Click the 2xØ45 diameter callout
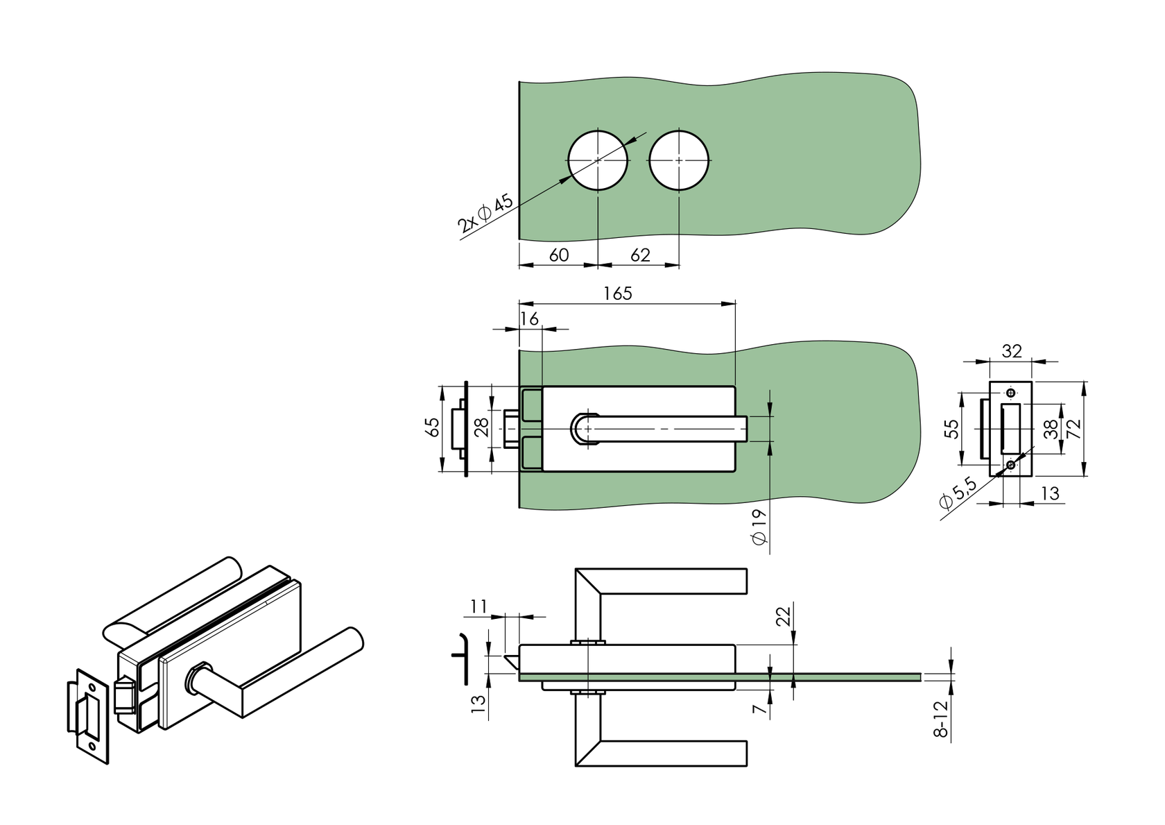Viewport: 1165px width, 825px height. coord(485,213)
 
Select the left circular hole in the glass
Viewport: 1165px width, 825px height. coord(598,160)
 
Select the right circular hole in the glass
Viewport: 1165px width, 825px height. coord(679,160)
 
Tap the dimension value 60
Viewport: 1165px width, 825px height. coord(558,255)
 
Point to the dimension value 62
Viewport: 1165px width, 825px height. coord(640,255)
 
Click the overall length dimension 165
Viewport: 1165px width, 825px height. coord(617,294)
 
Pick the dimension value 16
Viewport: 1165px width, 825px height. coord(529,318)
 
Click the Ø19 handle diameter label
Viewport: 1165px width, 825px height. coord(759,527)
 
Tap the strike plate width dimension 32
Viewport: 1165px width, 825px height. coord(1012,351)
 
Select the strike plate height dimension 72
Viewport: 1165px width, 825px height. coord(1074,428)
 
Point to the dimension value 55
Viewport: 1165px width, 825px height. coord(953,428)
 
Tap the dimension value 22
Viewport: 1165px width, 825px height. coord(783,616)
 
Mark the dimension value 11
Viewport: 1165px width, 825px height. coord(479,606)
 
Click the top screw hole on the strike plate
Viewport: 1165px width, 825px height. coord(1010,394)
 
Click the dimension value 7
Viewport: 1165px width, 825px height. coord(761,708)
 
